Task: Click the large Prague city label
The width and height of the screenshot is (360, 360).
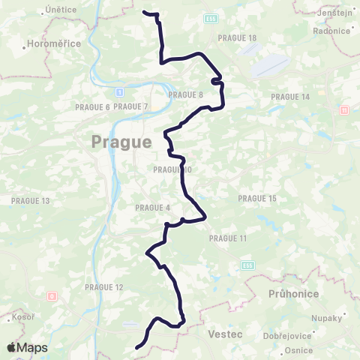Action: (121, 141)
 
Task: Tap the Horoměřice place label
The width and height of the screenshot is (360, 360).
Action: (53, 44)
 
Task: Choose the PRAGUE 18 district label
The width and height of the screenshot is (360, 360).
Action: (237, 37)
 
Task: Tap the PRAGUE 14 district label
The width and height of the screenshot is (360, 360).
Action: (289, 97)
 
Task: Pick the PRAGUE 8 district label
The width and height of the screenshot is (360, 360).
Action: (186, 94)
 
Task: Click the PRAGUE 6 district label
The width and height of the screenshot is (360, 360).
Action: (92, 107)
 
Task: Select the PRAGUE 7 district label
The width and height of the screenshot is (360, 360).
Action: (131, 107)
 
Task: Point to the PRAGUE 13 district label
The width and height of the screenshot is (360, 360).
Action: (30, 201)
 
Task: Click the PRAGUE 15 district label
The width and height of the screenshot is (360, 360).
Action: (257, 198)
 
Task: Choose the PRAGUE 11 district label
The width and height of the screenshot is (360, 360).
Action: (228, 238)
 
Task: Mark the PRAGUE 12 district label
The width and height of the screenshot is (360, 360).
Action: (103, 287)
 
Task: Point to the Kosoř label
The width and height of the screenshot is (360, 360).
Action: (22, 317)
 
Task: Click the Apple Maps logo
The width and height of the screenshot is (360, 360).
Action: (26, 347)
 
